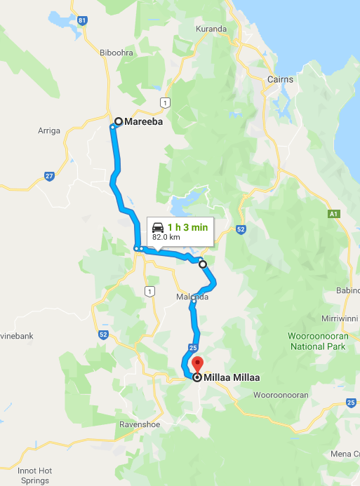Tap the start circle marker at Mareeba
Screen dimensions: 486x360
(x=119, y=121)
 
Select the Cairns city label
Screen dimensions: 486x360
(x=280, y=79)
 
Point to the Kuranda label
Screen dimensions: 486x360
(x=212, y=29)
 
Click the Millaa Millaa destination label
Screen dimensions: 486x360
(x=232, y=377)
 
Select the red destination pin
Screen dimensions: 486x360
(x=197, y=365)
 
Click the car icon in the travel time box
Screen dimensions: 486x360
(x=158, y=227)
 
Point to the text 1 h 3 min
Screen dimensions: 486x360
(x=188, y=227)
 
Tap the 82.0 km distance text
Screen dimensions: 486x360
(x=166, y=238)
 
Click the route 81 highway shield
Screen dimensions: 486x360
(x=83, y=20)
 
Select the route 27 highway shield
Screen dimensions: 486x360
(x=48, y=176)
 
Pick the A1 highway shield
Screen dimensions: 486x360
(x=334, y=213)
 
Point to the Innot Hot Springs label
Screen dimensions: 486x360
(x=34, y=475)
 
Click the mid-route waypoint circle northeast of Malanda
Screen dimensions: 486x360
(x=203, y=264)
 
